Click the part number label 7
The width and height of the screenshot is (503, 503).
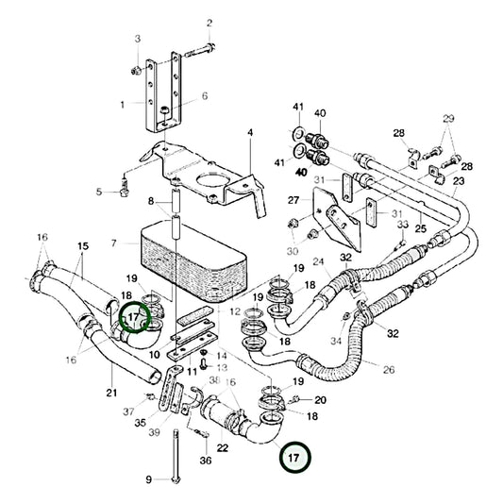tap(114, 243)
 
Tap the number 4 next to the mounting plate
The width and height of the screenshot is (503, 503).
tap(250, 133)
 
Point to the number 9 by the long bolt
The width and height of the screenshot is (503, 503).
tap(148, 479)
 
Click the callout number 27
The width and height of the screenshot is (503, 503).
tap(293, 200)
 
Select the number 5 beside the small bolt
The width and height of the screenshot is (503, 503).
tap(98, 193)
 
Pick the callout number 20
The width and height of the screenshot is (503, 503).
tap(320, 399)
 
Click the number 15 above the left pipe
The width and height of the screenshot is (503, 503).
tap(82, 246)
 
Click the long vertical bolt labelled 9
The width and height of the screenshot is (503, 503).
tap(174, 453)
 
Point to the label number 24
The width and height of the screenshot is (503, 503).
tap(319, 261)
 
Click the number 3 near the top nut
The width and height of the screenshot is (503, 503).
tap(137, 38)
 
